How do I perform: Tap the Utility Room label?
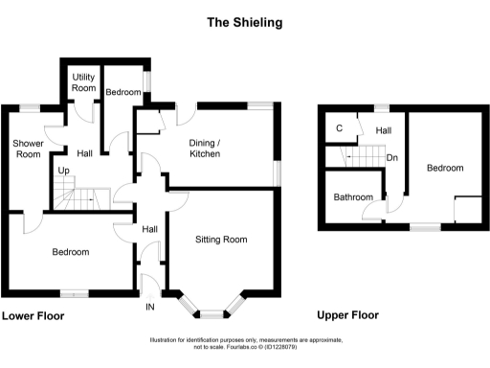(x=85, y=81)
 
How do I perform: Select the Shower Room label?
(x=27, y=149)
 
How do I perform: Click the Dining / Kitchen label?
(x=204, y=148)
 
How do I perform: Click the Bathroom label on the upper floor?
(x=352, y=197)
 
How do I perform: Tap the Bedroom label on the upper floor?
(x=445, y=168)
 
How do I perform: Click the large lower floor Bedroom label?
(x=71, y=252)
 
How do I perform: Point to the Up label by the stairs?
(x=64, y=172)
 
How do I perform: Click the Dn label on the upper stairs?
(x=392, y=158)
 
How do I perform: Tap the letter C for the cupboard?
(x=339, y=129)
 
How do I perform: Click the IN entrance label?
(x=149, y=307)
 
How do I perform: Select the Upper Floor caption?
(x=348, y=314)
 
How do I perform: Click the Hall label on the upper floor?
(x=383, y=130)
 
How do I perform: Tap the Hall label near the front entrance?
(x=150, y=229)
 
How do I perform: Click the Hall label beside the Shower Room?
(x=85, y=152)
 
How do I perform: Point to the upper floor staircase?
(x=356, y=155)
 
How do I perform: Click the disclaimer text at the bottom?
(x=244, y=344)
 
